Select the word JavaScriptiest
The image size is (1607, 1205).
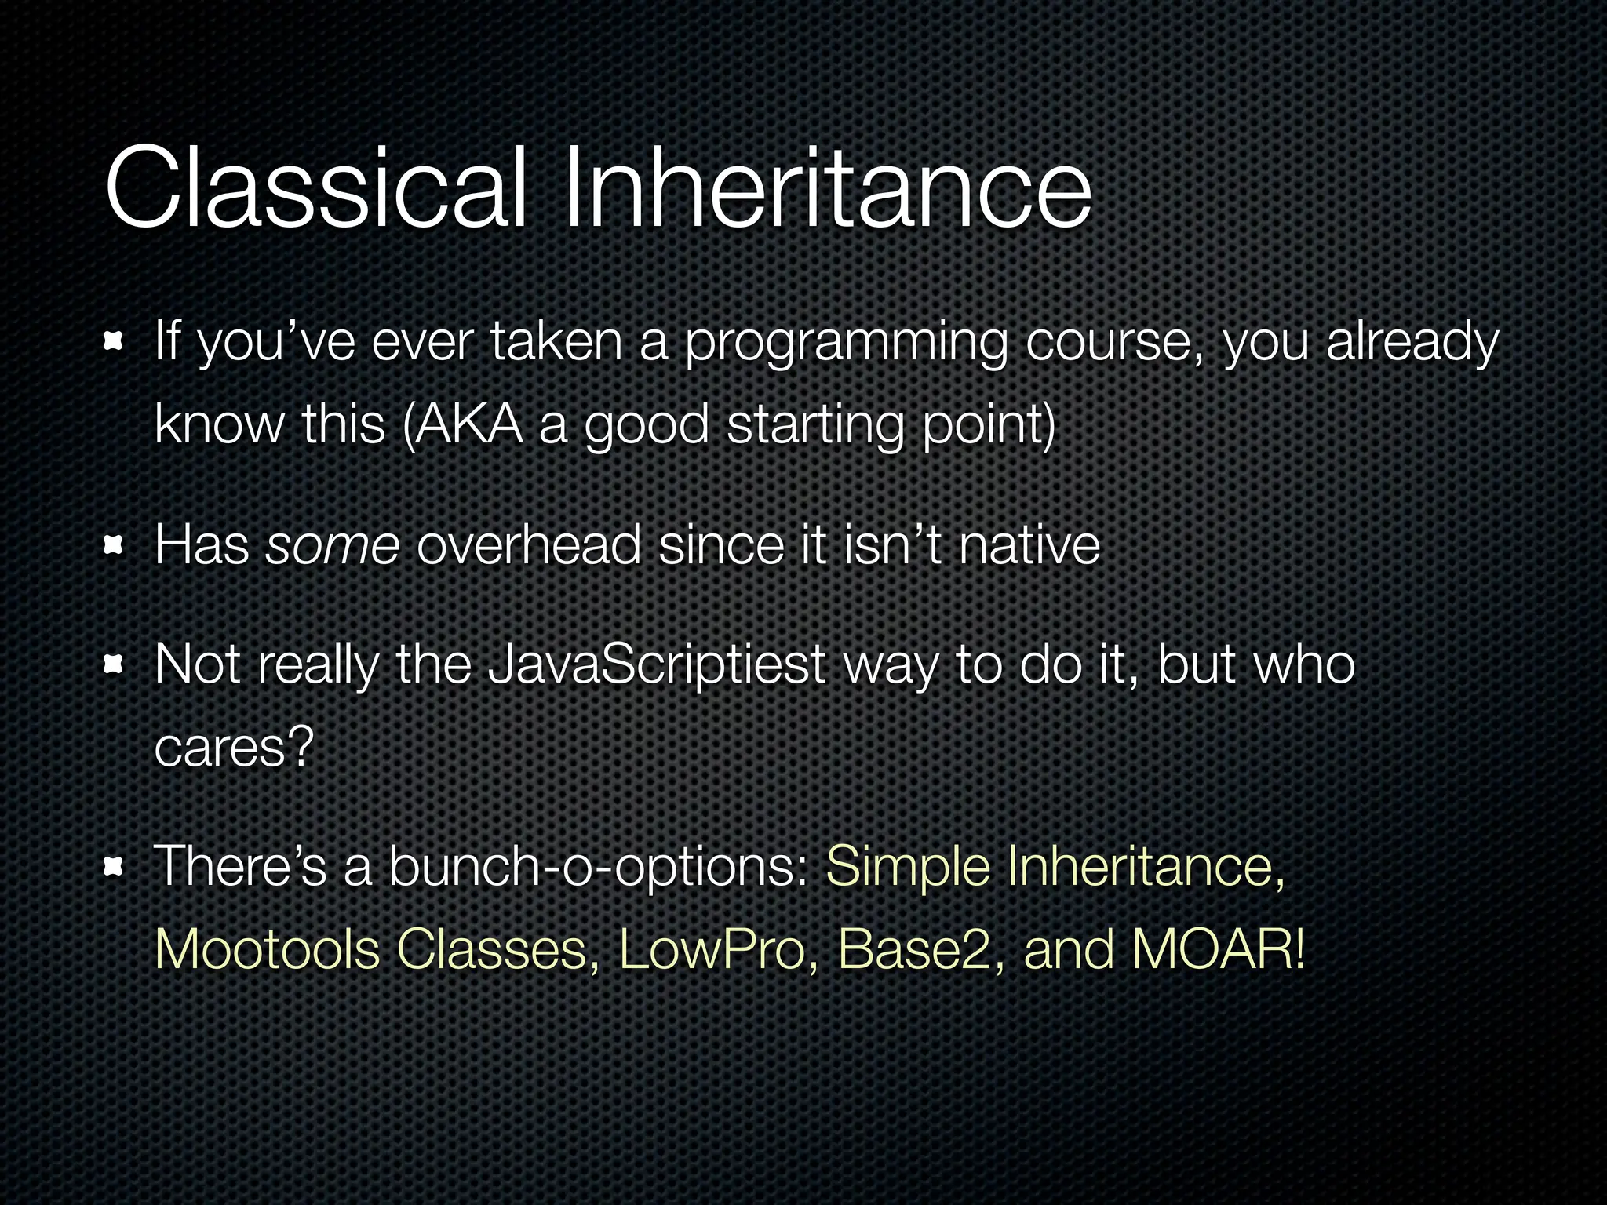pos(655,665)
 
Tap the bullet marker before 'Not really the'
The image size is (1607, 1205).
pos(115,665)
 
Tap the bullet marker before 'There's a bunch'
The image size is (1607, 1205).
pos(115,867)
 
